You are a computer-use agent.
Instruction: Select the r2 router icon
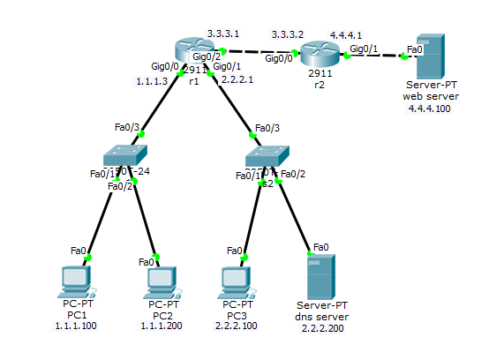pyautogui.click(x=320, y=54)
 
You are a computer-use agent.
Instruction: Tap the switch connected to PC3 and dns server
pyautogui.click(x=267, y=158)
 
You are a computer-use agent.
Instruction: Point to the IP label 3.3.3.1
pyautogui.click(x=222, y=32)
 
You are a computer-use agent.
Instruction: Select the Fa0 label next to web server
pyautogui.click(x=414, y=49)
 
